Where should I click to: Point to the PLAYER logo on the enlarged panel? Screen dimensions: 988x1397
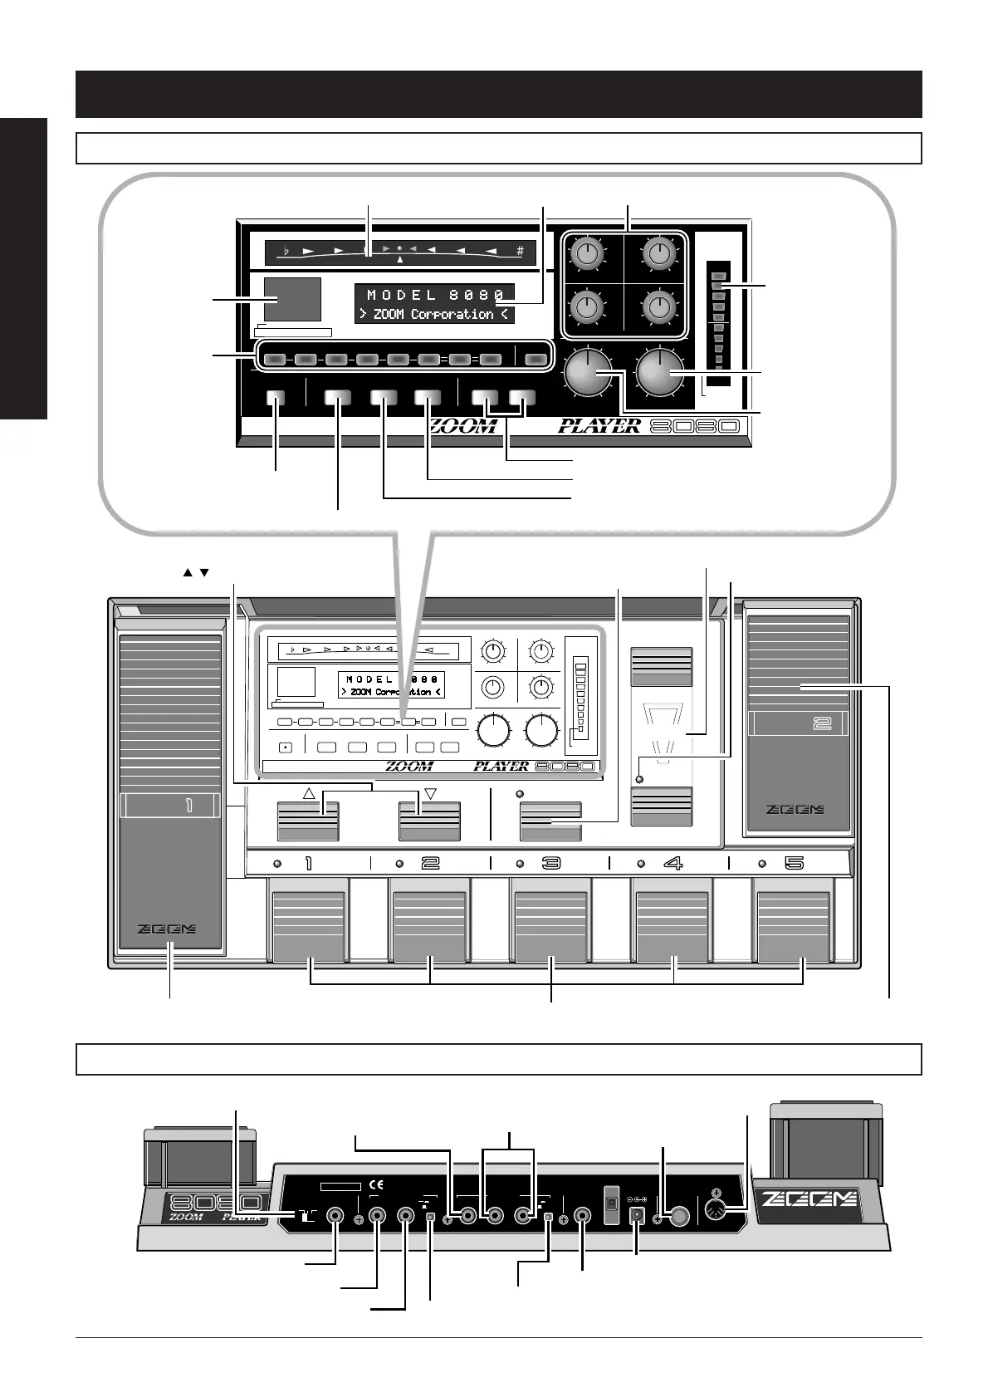pos(599,426)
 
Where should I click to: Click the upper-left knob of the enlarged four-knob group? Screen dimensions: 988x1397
pos(586,253)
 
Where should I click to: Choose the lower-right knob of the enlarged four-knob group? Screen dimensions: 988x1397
pos(658,306)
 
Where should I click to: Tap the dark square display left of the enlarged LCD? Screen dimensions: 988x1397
pos(292,300)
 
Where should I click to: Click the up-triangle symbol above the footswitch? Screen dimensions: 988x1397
pos(309,793)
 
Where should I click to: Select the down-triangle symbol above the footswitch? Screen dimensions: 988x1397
pos(430,793)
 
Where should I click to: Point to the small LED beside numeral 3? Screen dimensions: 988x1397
pos(520,863)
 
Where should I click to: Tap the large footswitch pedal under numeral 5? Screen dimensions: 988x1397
pos(792,927)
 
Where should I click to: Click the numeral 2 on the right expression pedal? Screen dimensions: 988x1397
pos(822,723)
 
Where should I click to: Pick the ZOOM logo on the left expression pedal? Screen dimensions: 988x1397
pos(170,930)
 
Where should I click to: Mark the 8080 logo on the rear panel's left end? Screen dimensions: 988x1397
pos(215,1203)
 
